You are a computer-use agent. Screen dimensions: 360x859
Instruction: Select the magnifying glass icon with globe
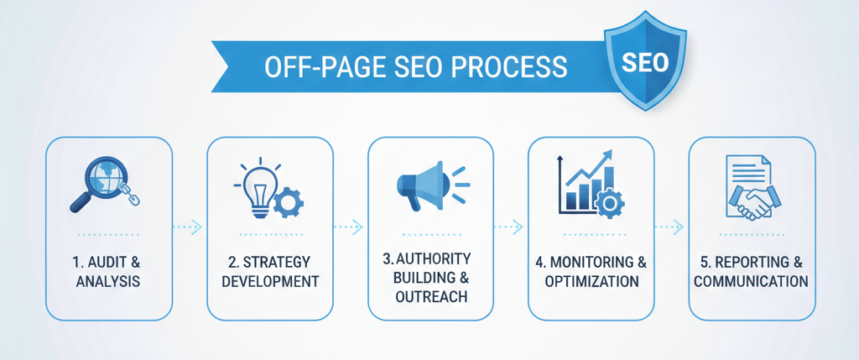pos(98,180)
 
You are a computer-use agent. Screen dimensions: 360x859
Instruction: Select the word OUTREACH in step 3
pos(431,296)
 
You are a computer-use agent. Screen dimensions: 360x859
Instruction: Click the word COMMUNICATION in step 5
pos(752,281)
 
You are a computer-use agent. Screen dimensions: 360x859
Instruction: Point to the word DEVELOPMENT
pos(270,281)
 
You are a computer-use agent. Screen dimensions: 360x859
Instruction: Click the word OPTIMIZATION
pos(591,281)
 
